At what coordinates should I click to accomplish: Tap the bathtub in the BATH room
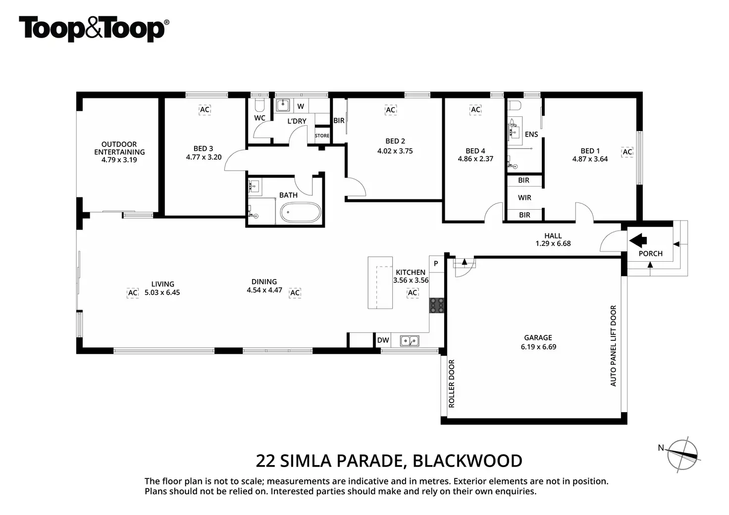tap(301, 213)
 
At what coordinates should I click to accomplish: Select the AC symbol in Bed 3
tap(205, 109)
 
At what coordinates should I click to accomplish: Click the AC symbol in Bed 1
tap(627, 151)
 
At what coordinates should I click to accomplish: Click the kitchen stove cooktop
tap(437, 305)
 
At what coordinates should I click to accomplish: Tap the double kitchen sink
tap(410, 340)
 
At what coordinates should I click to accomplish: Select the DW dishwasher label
tap(383, 340)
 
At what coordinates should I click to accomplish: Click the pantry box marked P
tap(436, 264)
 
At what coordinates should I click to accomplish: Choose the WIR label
tap(524, 197)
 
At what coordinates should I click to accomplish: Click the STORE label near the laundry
tap(322, 136)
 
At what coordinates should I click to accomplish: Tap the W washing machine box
tap(301, 106)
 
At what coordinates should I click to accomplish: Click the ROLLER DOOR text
tap(451, 383)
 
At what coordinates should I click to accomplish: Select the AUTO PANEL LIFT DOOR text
tap(613, 345)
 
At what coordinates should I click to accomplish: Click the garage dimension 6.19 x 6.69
tap(538, 347)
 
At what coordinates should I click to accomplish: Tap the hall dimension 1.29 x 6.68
tap(553, 243)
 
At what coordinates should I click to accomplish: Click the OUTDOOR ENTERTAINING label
tap(119, 148)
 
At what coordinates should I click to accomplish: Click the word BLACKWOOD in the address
tap(467, 461)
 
